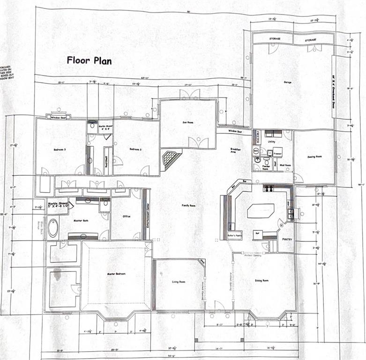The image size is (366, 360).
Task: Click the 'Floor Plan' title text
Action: point(89,60)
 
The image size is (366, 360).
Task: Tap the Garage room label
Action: point(287,82)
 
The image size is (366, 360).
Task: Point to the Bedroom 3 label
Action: point(60,150)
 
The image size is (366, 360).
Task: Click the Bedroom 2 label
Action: point(135,149)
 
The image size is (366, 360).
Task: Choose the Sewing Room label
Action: point(314,157)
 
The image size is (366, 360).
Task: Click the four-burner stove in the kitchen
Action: point(269,188)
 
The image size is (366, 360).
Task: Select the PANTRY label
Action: point(287,239)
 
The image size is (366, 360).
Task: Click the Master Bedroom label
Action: point(116,274)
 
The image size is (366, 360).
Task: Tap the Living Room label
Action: point(179,282)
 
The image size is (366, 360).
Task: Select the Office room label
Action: point(127,216)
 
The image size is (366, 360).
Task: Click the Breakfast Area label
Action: point(235,151)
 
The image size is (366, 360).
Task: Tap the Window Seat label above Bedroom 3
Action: point(59,118)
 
